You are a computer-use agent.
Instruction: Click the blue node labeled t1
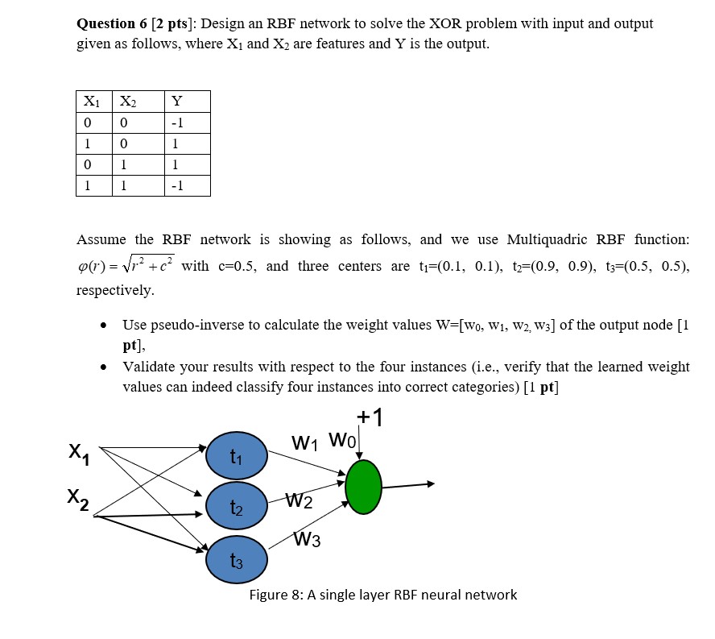pyautogui.click(x=235, y=454)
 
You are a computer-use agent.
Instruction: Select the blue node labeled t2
pyautogui.click(x=235, y=505)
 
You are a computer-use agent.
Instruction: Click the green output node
pyautogui.click(x=363, y=487)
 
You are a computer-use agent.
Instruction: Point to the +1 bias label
pyautogui.click(x=370, y=418)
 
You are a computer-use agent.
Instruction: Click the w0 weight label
pyautogui.click(x=342, y=442)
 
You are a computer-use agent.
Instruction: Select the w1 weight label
pyautogui.click(x=306, y=442)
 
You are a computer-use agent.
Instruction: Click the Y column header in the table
pyautogui.click(x=177, y=102)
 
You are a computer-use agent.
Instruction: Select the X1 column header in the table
pyautogui.click(x=92, y=102)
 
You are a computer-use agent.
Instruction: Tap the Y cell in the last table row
pyautogui.click(x=177, y=186)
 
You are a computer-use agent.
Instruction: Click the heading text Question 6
pyautogui.click(x=117, y=23)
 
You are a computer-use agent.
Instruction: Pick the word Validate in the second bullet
pyautogui.click(x=148, y=367)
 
